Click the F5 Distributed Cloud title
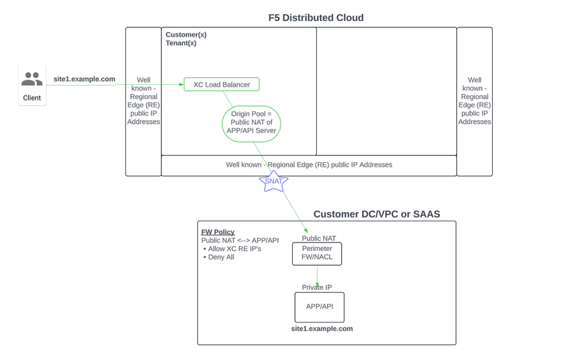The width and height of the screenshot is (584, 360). pos(315,18)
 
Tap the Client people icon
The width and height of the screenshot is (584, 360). pos(32,79)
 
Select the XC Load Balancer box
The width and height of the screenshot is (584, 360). pos(221,84)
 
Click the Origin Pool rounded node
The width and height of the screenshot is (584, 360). pos(251,123)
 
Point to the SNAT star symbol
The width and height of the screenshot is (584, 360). pos(273,182)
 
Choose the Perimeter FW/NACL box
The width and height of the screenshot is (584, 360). pos(317,253)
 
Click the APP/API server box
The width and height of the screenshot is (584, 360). pos(319,307)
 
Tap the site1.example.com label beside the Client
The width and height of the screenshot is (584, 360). pos(84,79)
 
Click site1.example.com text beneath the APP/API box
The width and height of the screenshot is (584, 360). pos(322,329)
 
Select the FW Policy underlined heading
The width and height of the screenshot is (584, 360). pos(218,232)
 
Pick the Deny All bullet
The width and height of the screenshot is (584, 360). pos(220,257)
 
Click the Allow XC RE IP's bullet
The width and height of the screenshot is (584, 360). pos(234,249)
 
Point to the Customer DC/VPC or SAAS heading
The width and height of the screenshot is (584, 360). pos(377,214)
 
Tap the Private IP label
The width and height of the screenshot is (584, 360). pos(317,288)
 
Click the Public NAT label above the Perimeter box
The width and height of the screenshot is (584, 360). pos(319,238)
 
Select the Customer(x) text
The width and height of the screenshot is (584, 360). pos(186,35)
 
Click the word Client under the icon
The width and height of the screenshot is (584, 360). pos(32,98)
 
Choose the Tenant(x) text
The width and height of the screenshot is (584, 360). pos(181,44)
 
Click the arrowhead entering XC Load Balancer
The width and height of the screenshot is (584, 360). pos(181,84)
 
